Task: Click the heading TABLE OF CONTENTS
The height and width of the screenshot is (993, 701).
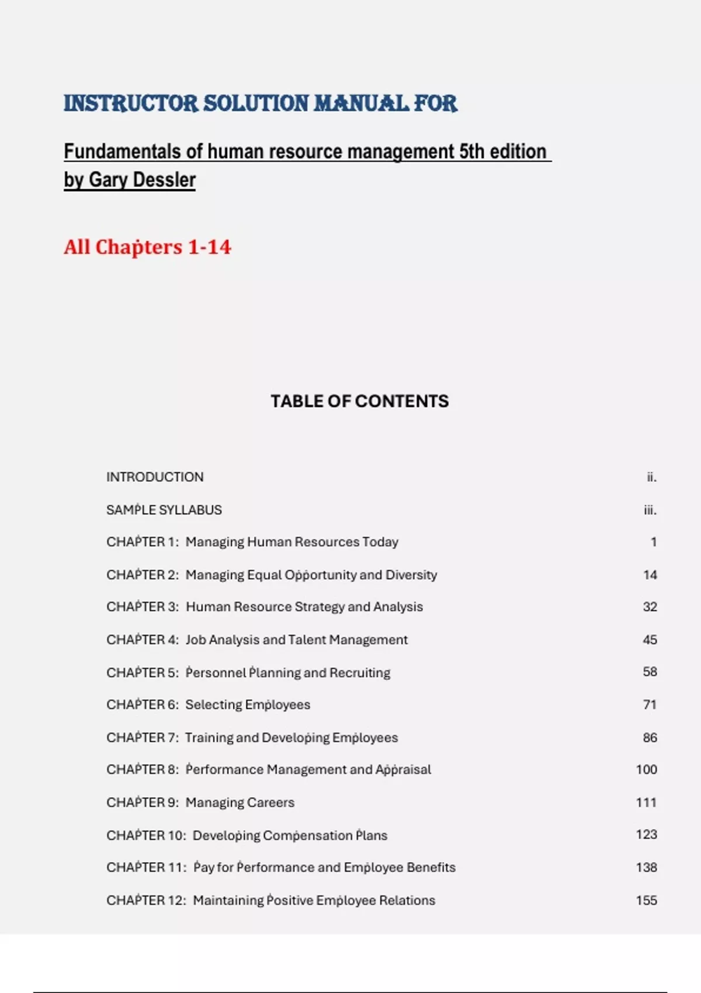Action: (x=359, y=401)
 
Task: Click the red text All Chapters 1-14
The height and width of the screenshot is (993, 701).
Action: (x=147, y=247)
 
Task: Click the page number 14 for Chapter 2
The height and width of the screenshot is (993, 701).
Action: (x=650, y=575)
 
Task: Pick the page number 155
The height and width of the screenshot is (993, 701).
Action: (x=646, y=900)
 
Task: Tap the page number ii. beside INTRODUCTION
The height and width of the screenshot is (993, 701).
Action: (x=651, y=477)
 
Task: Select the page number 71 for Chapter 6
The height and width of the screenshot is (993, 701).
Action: (x=650, y=704)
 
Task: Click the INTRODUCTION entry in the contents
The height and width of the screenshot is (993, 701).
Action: (x=155, y=477)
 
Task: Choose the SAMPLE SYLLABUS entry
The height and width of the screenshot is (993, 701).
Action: (x=164, y=510)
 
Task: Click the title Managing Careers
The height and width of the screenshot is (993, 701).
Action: (x=240, y=803)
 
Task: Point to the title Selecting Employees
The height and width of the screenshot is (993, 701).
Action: (x=248, y=704)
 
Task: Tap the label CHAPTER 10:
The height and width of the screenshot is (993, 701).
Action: (x=146, y=835)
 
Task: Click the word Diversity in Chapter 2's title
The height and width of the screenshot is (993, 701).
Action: (x=411, y=575)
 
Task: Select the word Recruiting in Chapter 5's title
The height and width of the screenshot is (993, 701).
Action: (x=359, y=672)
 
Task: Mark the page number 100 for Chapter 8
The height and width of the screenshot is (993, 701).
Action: (x=646, y=769)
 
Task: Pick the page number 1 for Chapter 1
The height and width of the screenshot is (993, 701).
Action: (x=654, y=542)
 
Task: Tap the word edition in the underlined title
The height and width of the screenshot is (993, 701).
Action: (x=518, y=151)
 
